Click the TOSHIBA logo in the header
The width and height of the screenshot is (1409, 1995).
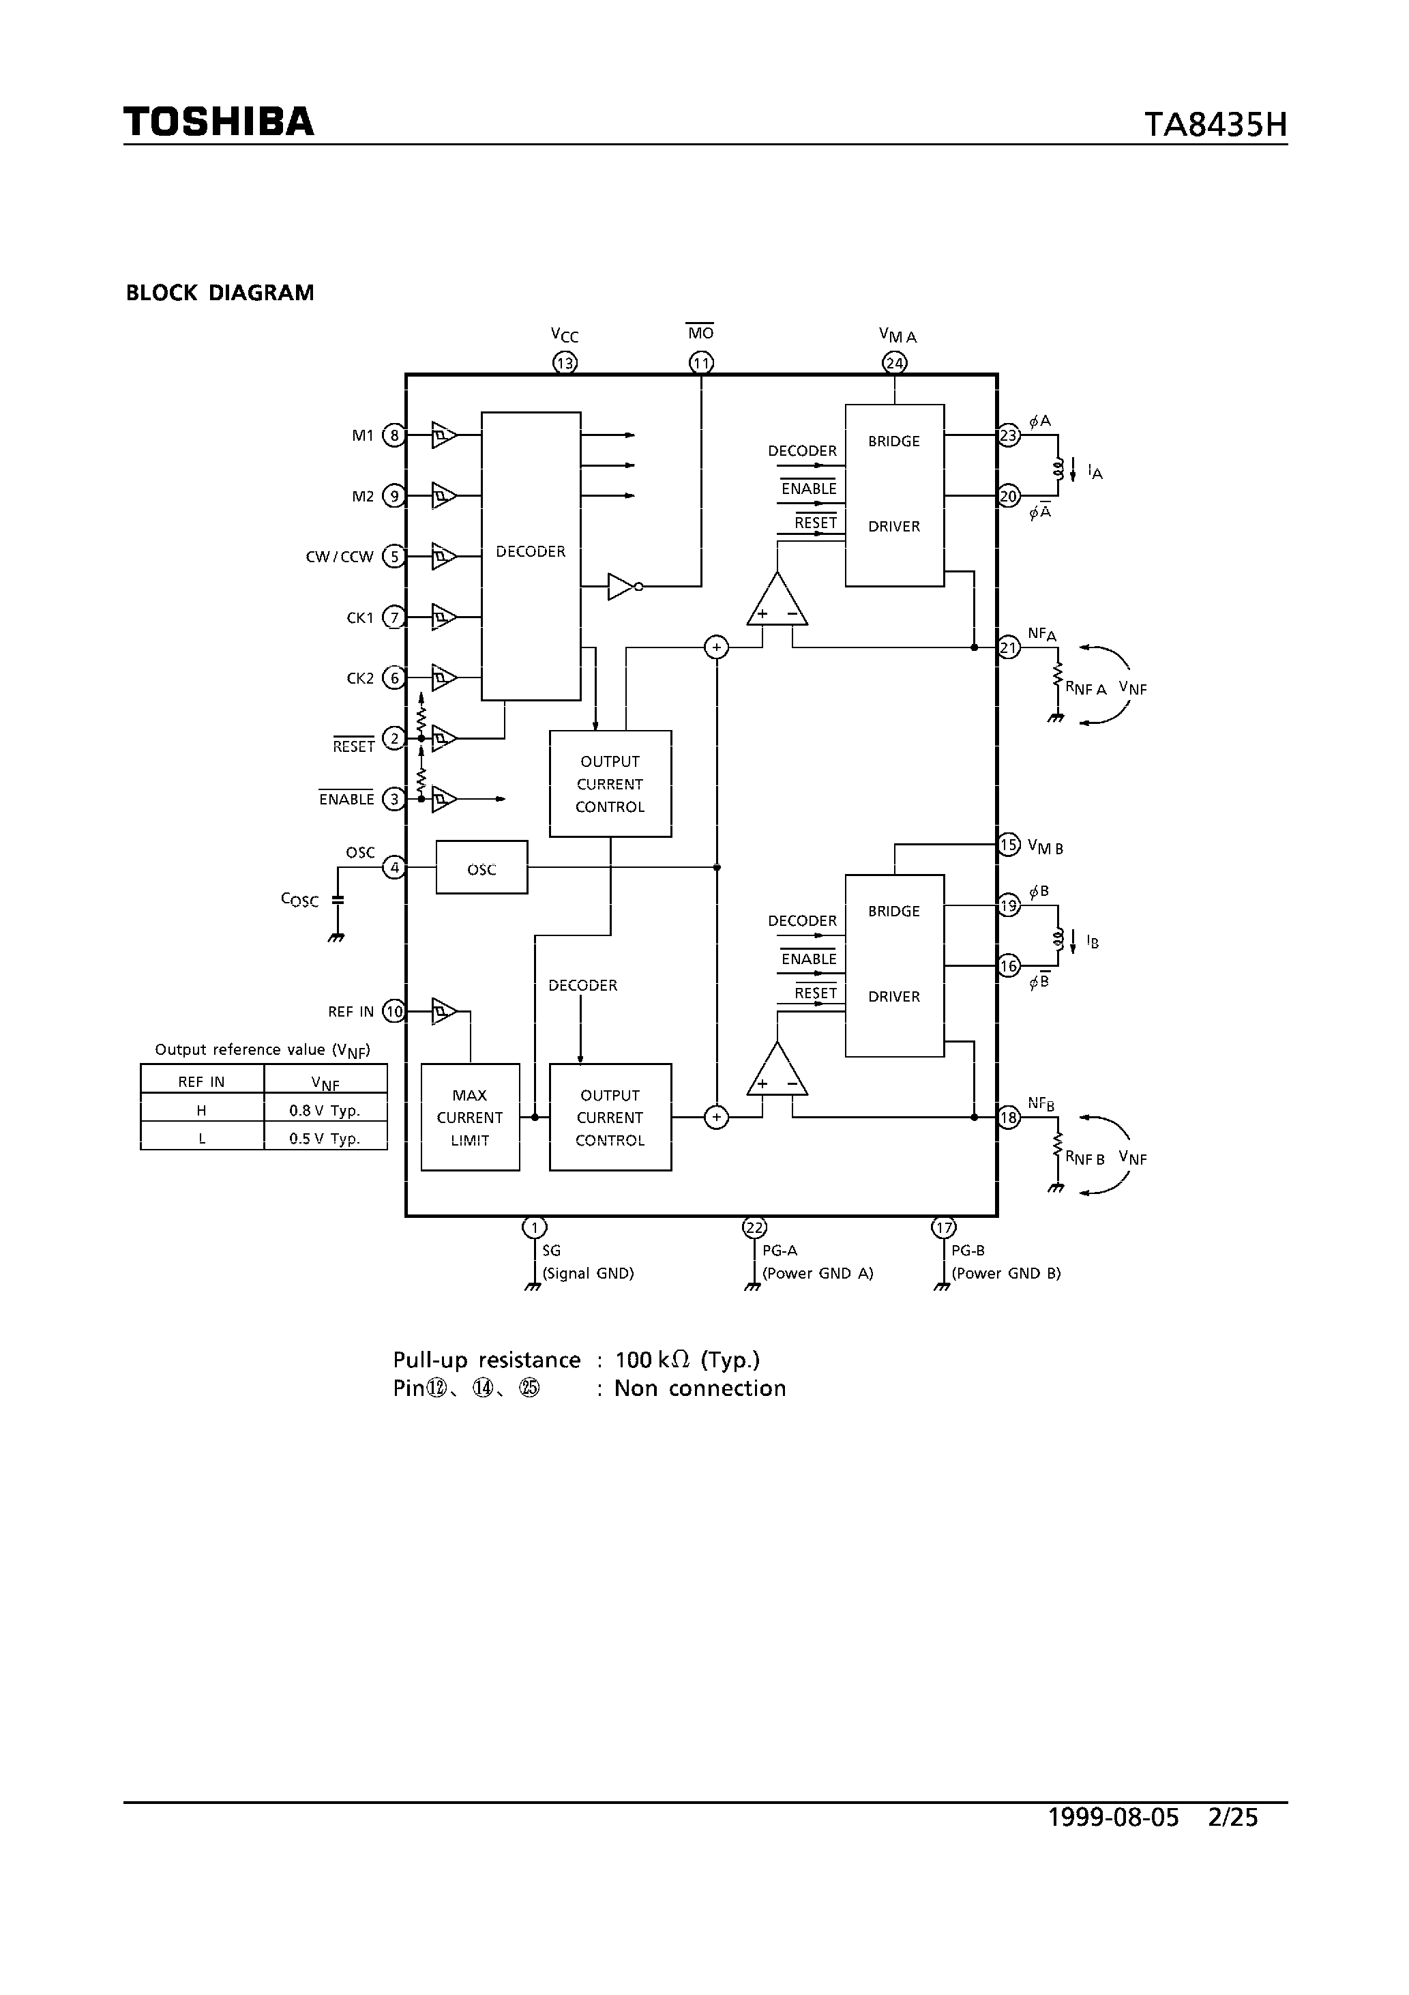pos(218,121)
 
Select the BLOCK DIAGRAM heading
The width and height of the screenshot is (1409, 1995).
pos(220,293)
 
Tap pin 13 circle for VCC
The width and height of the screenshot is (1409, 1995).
pos(565,363)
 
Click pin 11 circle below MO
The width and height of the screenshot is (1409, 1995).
pos(701,363)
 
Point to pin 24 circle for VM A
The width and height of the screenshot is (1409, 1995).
pos(895,363)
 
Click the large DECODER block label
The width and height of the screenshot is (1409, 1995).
pos(530,552)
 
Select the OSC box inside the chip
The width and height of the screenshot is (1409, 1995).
pos(481,867)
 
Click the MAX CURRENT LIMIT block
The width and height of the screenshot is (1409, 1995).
pos(470,1118)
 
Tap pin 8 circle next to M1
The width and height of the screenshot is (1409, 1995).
pos(394,435)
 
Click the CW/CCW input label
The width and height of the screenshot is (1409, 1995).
pos(339,557)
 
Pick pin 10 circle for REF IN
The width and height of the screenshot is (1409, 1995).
pos(394,1011)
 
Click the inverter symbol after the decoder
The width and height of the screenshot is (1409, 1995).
pos(623,587)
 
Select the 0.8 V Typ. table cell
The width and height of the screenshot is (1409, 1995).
pos(325,1111)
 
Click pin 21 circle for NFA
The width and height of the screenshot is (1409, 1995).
pos(1008,647)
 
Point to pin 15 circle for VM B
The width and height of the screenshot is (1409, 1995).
pos(1008,845)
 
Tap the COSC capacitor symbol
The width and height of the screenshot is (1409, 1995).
pos(338,900)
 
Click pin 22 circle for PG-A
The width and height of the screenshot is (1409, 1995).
pos(754,1227)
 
